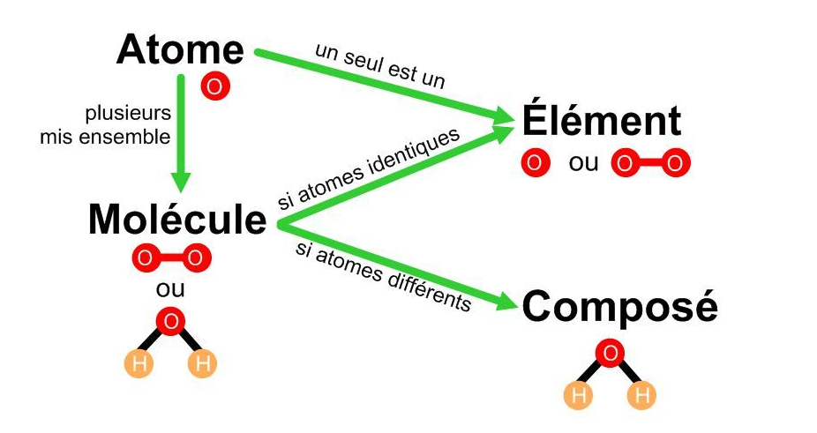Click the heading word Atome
[180, 50]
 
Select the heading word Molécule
[177, 220]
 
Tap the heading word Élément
[602, 121]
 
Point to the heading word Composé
[620, 308]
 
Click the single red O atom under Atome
[214, 86]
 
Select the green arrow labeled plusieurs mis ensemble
[182, 132]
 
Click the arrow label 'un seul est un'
[380, 64]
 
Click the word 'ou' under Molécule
[170, 288]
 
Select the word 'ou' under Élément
[583, 164]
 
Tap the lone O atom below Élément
[536, 163]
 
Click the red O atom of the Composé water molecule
[610, 355]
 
